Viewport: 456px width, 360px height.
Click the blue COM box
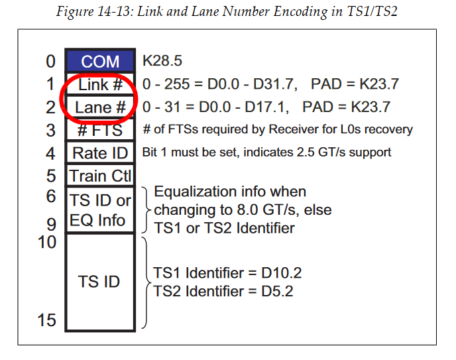pyautogui.click(x=100, y=62)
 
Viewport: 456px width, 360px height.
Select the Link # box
pyautogui.click(x=100, y=85)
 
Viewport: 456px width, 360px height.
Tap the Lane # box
pyautogui.click(x=100, y=107)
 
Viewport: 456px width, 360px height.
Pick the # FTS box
pyautogui.click(x=100, y=130)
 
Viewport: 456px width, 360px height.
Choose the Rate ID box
pyautogui.click(x=100, y=153)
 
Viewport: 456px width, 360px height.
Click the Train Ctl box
pyautogui.click(x=100, y=176)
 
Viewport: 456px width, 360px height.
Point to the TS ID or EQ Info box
pyautogui.click(x=100, y=210)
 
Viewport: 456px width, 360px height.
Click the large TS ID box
pyautogui.click(x=100, y=281)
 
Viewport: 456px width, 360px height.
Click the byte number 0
pyautogui.click(x=51, y=62)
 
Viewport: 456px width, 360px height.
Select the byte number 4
pyautogui.click(x=51, y=153)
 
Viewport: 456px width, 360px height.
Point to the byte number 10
pyautogui.click(x=47, y=242)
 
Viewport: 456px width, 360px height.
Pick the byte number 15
pyautogui.click(x=47, y=320)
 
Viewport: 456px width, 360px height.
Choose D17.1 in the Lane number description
pyautogui.click(x=258, y=107)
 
